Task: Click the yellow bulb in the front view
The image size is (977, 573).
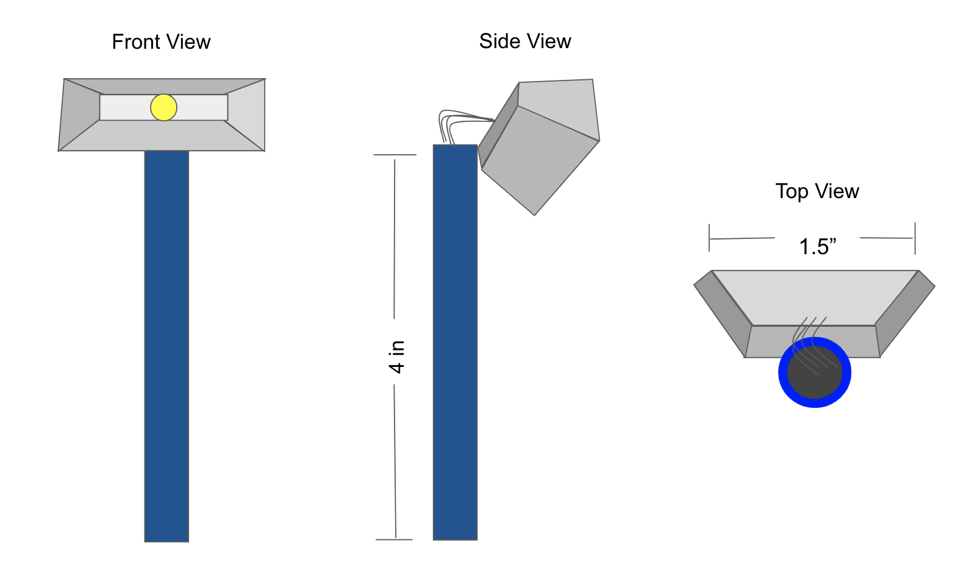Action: (163, 107)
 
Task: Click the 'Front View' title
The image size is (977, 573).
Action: (161, 42)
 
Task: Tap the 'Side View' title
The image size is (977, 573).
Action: (524, 41)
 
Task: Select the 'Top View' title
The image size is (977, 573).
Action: (817, 191)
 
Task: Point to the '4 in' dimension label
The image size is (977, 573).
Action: (396, 357)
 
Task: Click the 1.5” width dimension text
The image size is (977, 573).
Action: (817, 247)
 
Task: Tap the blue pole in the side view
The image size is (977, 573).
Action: (455, 341)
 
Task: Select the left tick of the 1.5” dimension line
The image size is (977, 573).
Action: (709, 238)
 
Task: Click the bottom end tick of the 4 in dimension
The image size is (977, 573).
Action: (394, 539)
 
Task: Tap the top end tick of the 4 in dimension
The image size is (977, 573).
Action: (395, 155)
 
